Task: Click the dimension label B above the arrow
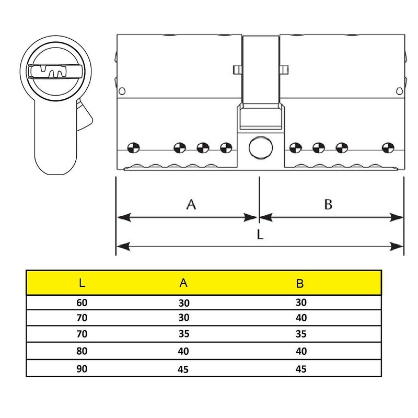click(328, 204)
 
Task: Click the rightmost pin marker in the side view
click(387, 147)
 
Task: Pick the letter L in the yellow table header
click(83, 284)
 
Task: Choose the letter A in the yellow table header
click(183, 283)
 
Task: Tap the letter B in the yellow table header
click(300, 284)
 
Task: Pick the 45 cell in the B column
click(300, 369)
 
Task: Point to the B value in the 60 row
click(300, 302)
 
